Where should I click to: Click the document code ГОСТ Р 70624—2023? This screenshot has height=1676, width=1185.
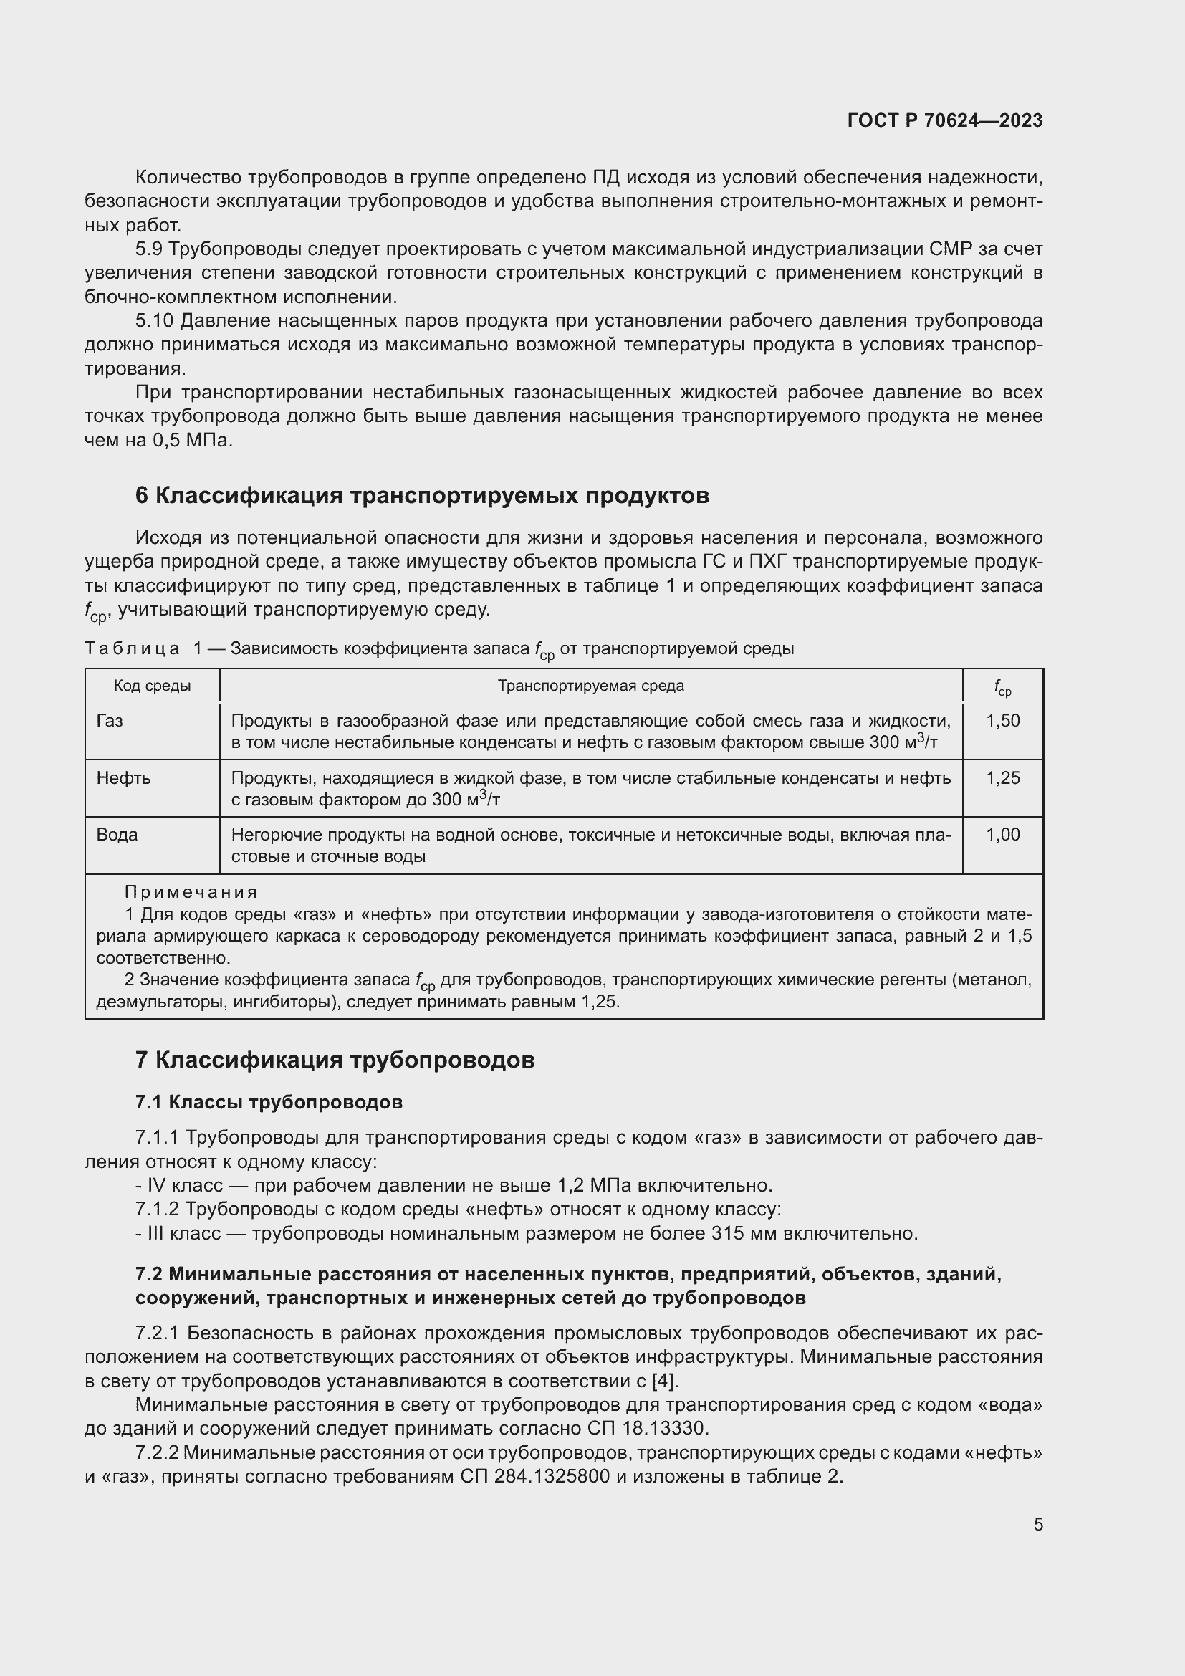point(944,120)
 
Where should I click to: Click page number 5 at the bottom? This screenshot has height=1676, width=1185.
point(1037,1524)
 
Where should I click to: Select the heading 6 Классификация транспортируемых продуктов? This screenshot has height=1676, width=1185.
point(422,496)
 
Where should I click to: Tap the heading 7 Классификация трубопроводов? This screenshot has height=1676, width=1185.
point(335,1060)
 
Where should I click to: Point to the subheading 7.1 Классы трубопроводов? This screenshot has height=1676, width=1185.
point(269,1101)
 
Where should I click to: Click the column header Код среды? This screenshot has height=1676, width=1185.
point(152,686)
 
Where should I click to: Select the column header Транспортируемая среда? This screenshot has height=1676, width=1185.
point(590,686)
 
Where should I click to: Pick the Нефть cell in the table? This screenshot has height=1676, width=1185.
point(123,778)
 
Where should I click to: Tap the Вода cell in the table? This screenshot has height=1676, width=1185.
point(117,834)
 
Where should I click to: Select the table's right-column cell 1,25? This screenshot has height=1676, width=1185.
point(1002,778)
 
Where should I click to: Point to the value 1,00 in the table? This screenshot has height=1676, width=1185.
point(1002,834)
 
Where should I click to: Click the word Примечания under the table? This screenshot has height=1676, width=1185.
point(191,892)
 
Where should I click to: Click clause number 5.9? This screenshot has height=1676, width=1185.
point(149,249)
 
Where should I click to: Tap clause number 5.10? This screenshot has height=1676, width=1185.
point(154,321)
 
